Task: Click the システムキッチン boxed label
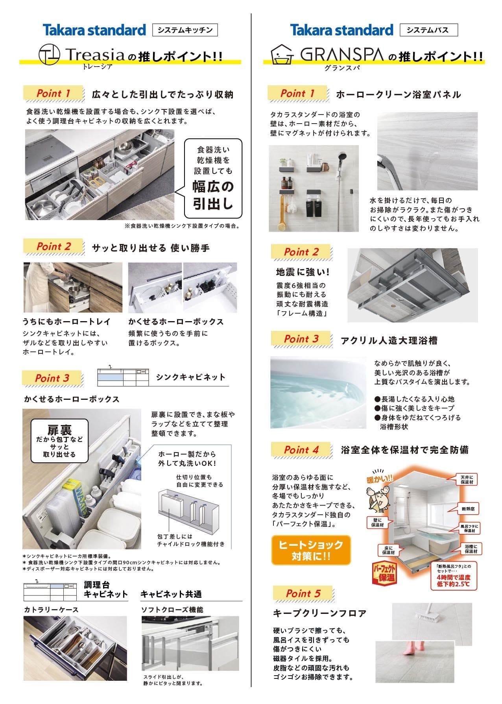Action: (x=185, y=30)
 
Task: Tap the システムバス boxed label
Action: (x=428, y=30)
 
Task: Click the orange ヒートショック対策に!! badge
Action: (x=311, y=550)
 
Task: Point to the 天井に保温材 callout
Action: (x=467, y=479)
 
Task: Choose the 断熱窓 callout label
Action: (x=468, y=509)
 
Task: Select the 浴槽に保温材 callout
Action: (x=471, y=549)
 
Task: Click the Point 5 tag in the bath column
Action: (x=303, y=593)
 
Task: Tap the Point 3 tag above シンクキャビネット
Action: (x=53, y=378)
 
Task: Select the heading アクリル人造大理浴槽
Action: (x=389, y=341)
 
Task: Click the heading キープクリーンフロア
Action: (x=319, y=613)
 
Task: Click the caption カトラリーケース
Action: (x=51, y=610)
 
